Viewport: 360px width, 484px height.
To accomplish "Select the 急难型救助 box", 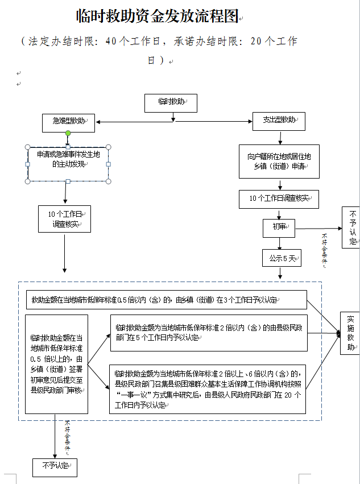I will [68, 122].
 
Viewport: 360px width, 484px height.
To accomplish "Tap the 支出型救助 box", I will [279, 121].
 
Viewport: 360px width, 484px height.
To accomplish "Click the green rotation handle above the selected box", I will [68, 134].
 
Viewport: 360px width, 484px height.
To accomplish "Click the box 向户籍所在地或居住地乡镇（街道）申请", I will [279, 161].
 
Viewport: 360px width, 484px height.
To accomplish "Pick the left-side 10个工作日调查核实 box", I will [64, 219].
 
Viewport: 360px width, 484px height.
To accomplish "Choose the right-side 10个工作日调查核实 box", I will [279, 198].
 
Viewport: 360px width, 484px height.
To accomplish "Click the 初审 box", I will [279, 228].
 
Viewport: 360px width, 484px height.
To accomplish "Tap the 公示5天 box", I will [281, 258].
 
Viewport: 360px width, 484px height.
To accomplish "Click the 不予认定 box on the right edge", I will [351, 227].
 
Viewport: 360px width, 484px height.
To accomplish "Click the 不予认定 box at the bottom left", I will [54, 467].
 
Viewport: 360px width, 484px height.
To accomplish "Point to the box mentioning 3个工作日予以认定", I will [166, 300].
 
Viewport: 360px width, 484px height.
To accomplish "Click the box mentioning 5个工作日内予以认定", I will [208, 333].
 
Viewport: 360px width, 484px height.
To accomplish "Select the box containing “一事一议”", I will [208, 389].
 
